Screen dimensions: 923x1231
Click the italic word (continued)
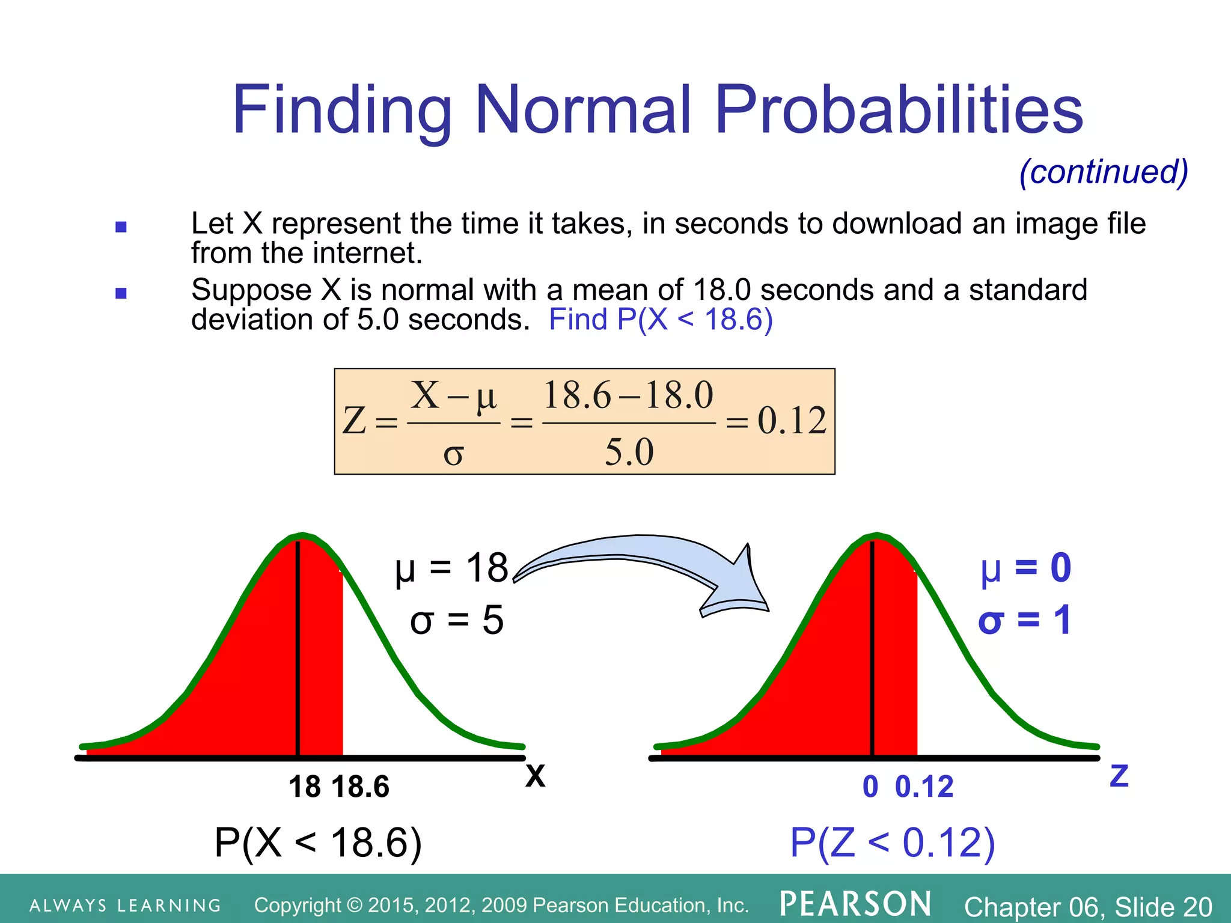[1104, 172]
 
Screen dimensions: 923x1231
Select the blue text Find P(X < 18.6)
[660, 319]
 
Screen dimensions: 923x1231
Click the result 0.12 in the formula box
[791, 421]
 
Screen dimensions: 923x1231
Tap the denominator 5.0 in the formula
[629, 452]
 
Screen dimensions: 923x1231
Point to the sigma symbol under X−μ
[453, 455]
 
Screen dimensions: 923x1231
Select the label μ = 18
[451, 568]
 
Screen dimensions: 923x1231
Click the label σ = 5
[456, 620]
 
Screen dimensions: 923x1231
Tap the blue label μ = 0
[1025, 568]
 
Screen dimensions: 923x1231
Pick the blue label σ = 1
[1024, 620]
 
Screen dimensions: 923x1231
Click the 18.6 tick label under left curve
[360, 787]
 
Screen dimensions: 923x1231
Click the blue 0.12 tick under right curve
[924, 787]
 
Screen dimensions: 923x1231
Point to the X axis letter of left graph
[535, 776]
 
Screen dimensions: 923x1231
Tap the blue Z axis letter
[1119, 776]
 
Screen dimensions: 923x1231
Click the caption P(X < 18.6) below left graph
[318, 842]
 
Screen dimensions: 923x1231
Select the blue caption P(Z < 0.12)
[892, 842]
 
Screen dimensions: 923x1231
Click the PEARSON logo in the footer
[855, 904]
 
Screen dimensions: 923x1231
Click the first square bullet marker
[121, 227]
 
